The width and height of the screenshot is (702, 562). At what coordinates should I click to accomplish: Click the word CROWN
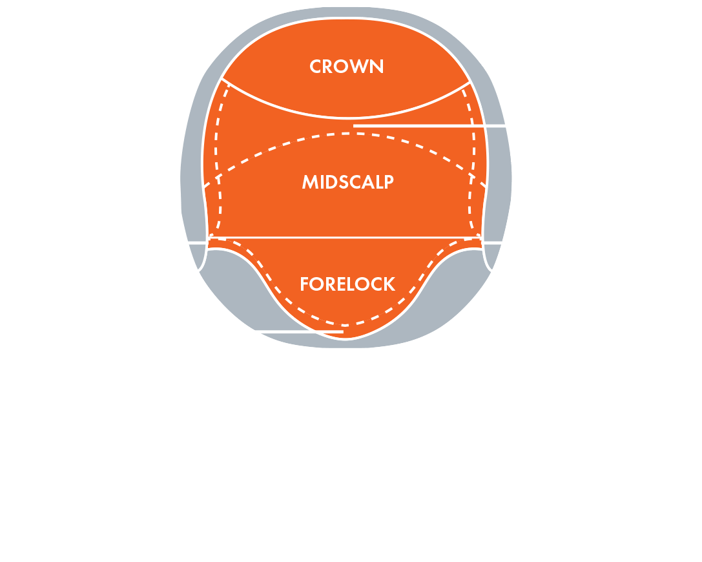[x=347, y=67]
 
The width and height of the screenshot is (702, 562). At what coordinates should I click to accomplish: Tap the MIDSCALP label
[x=348, y=182]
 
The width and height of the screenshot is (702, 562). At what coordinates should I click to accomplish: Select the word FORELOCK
[x=347, y=284]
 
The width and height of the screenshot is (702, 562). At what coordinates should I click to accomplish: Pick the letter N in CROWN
[x=377, y=67]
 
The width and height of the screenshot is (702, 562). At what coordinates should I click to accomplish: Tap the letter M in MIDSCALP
[x=310, y=182]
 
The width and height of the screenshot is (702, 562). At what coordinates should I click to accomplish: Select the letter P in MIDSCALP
[x=389, y=182]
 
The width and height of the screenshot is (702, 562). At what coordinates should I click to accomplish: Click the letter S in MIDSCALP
[x=344, y=182]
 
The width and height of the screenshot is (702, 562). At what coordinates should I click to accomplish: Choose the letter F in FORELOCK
[x=304, y=284]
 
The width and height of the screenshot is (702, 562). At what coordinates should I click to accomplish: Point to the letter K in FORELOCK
[x=390, y=284]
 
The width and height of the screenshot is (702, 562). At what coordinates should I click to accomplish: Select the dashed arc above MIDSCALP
[x=345, y=134]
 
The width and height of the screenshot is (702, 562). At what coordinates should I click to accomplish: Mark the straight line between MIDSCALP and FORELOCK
[x=345, y=237]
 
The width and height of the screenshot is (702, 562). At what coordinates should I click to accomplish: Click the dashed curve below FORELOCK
[x=345, y=325]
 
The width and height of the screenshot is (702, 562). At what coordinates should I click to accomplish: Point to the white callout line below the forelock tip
[x=299, y=332]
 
